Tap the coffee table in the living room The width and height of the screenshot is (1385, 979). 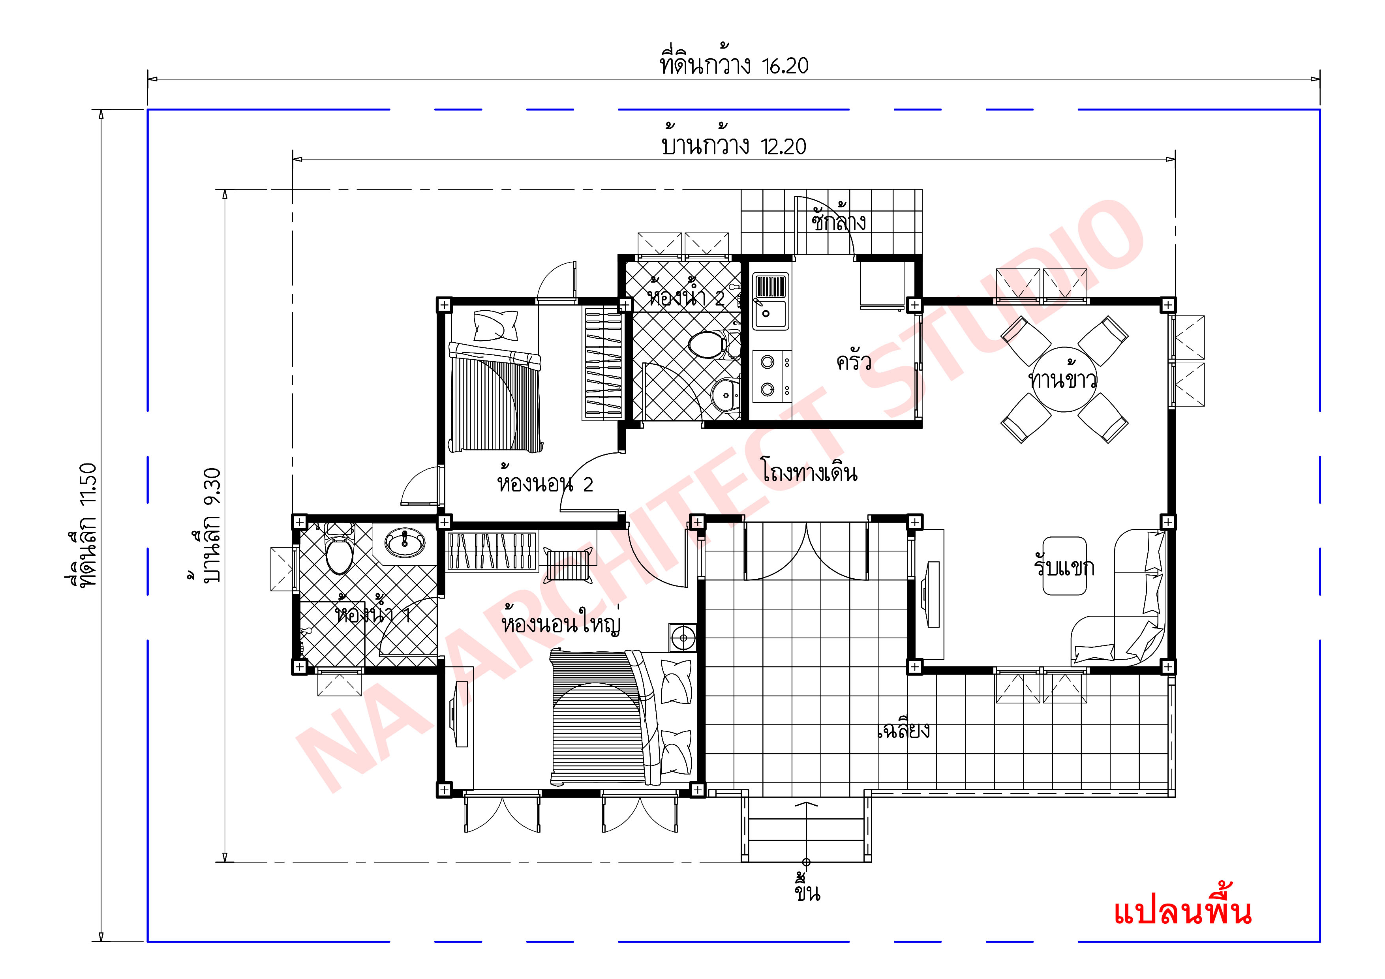click(1065, 566)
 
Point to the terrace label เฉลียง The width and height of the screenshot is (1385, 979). click(903, 730)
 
